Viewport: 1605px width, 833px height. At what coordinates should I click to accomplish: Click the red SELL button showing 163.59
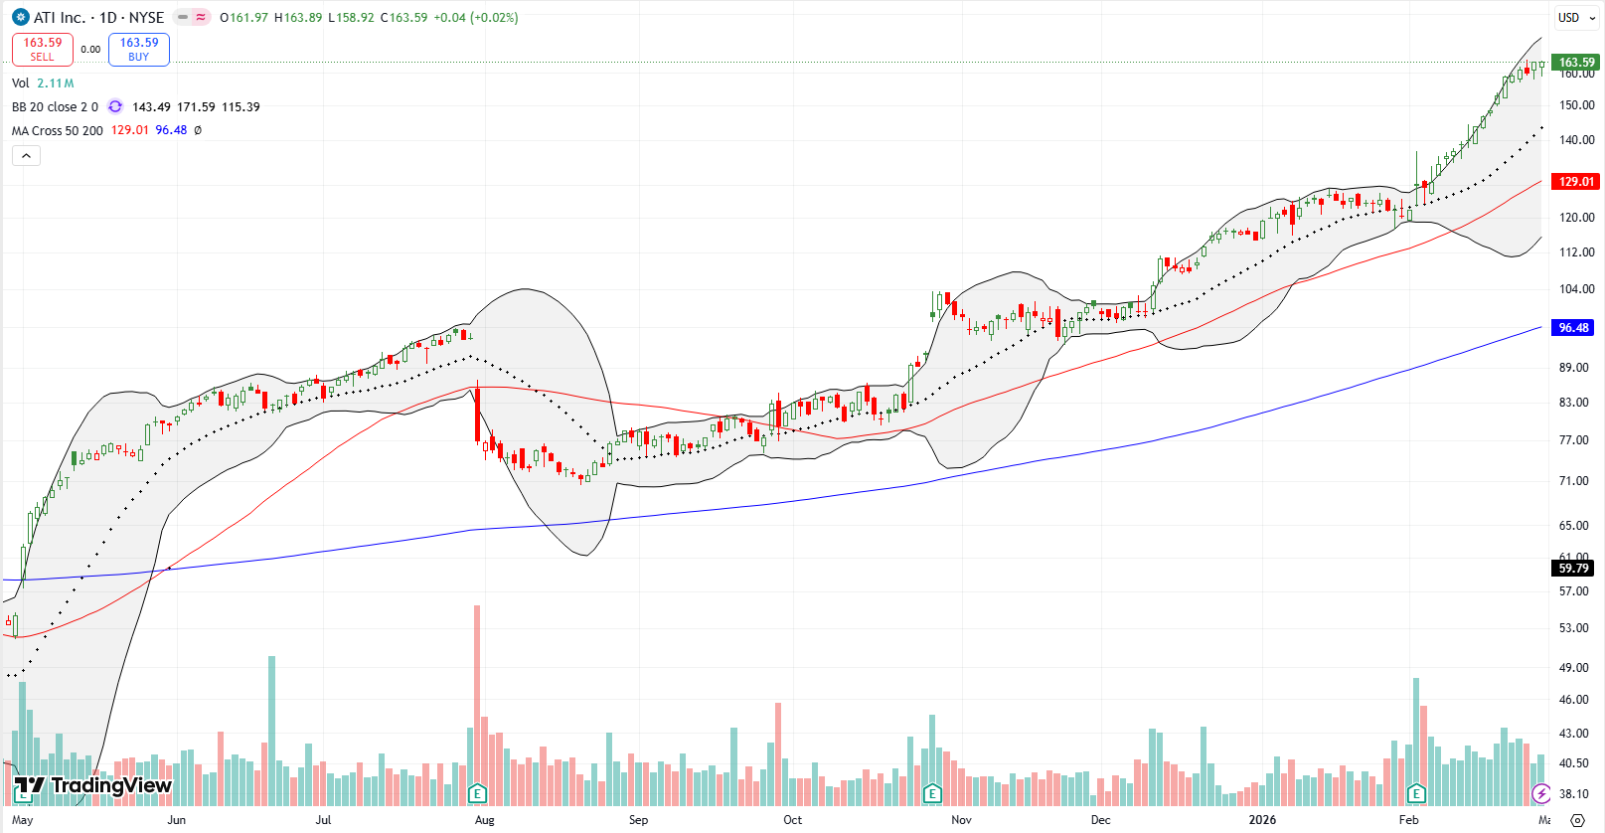click(x=42, y=49)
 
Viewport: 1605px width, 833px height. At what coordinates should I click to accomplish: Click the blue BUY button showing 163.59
click(x=139, y=49)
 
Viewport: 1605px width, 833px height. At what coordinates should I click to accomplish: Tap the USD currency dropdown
click(x=1575, y=17)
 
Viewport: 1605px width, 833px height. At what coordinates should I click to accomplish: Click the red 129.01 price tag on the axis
click(x=1575, y=181)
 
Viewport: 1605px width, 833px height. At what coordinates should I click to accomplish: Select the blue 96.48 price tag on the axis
click(x=1573, y=327)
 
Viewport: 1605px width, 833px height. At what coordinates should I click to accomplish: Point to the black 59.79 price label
click(x=1573, y=568)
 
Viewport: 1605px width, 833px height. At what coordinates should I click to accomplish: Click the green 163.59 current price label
click(x=1575, y=62)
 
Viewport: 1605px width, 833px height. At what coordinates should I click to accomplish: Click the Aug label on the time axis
click(x=484, y=820)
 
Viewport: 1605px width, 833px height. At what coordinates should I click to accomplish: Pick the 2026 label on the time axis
click(x=1262, y=820)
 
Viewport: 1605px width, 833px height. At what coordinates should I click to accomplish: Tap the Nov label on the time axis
click(x=961, y=820)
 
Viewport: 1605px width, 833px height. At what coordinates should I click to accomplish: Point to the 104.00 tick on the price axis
click(x=1575, y=289)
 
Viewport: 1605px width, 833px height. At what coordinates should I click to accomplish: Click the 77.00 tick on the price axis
click(x=1575, y=439)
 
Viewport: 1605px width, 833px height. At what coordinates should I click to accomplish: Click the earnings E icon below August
click(x=477, y=792)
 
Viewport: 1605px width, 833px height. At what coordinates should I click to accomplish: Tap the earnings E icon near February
click(x=1416, y=792)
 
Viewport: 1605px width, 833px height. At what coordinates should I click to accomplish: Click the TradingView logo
click(x=93, y=786)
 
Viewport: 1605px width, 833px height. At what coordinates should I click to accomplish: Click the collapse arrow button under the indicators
click(x=26, y=155)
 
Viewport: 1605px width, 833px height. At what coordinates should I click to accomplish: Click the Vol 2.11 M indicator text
click(x=43, y=83)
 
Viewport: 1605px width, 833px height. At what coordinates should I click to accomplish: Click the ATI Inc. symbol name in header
click(x=59, y=17)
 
